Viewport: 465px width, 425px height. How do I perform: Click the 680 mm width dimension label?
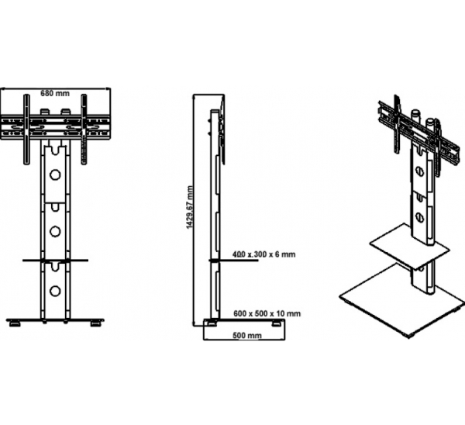pyautogui.click(x=55, y=93)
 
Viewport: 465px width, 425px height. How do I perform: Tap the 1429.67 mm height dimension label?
pyautogui.click(x=190, y=207)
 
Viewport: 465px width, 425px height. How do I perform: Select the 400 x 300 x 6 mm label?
pyautogui.click(x=264, y=254)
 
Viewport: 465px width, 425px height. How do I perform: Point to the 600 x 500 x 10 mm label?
pyautogui.click(x=267, y=313)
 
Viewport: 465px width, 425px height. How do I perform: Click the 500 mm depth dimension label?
pyautogui.click(x=247, y=335)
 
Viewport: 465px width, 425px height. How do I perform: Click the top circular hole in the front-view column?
pyautogui.click(x=55, y=174)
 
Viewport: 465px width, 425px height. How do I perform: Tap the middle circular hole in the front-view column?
pyautogui.click(x=55, y=231)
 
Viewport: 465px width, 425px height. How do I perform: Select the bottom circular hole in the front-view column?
pyautogui.click(x=55, y=291)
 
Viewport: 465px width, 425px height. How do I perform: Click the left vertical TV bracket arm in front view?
pyautogui.click(x=26, y=129)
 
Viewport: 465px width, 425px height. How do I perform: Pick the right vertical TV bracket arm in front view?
pyautogui.click(x=84, y=129)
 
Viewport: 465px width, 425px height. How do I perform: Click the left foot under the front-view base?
pyautogui.click(x=14, y=323)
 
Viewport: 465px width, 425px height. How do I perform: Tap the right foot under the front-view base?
pyautogui.click(x=96, y=323)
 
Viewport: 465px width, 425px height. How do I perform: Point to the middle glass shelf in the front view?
pyautogui.click(x=55, y=261)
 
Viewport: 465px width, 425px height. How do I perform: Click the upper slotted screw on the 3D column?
pyautogui.click(x=418, y=171)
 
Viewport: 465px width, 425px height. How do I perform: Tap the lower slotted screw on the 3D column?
pyautogui.click(x=418, y=216)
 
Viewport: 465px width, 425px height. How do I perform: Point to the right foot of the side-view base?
pyautogui.click(x=277, y=323)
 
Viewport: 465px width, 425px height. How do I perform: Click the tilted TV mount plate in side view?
pyautogui.click(x=222, y=130)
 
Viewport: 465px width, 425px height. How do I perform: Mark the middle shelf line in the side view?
pyautogui.click(x=233, y=261)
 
